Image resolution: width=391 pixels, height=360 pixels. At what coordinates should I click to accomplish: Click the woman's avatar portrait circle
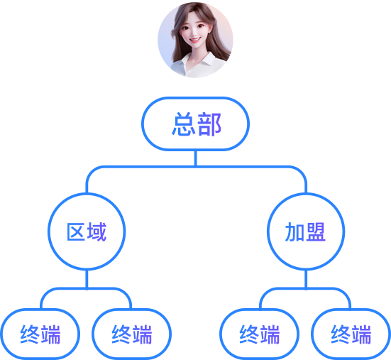click(195, 40)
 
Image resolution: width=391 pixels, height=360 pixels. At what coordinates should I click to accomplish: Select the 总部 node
click(196, 124)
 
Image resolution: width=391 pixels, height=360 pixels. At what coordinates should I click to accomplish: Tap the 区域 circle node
click(87, 231)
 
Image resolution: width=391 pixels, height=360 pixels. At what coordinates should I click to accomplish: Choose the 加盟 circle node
click(306, 231)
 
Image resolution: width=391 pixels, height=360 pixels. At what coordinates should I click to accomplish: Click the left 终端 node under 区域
click(40, 334)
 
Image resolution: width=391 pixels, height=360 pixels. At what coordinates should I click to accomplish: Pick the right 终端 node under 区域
click(132, 334)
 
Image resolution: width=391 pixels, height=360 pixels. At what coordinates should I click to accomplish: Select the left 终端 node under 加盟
click(259, 334)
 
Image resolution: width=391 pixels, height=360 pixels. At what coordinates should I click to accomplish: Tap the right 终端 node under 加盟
click(351, 334)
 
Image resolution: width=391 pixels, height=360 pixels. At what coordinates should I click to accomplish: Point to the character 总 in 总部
click(183, 124)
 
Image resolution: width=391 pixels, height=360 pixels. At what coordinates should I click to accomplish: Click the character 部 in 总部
click(209, 124)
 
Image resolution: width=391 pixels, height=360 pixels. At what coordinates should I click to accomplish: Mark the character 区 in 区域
click(76, 231)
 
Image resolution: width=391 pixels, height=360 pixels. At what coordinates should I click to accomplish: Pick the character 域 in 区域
click(97, 231)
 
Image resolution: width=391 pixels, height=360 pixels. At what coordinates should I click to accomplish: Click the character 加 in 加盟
click(294, 231)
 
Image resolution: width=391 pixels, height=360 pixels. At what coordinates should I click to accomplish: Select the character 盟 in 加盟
click(316, 231)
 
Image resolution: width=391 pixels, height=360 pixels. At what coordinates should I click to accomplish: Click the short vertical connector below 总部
click(196, 158)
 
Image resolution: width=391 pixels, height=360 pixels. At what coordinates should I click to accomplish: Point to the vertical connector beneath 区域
click(87, 279)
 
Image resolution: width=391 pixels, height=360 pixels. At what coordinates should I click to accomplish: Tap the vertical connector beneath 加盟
click(306, 279)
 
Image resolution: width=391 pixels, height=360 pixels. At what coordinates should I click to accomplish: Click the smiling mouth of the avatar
click(194, 40)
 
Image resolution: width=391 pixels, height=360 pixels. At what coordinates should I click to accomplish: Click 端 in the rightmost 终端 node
click(361, 334)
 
